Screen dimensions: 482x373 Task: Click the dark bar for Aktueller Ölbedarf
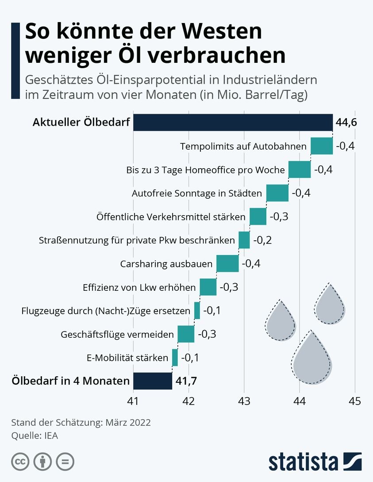point(233,123)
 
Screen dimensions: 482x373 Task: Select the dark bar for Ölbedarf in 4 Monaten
point(153,381)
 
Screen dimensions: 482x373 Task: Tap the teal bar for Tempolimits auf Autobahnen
point(322,146)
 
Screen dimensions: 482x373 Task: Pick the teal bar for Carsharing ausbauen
point(227,264)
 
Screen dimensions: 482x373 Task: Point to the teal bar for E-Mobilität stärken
point(175,358)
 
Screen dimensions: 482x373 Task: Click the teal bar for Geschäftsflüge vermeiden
point(186,334)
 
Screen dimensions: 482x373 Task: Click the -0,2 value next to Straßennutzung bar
point(262,240)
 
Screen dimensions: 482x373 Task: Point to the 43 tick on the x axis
point(244,401)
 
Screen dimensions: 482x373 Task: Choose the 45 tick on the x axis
point(354,401)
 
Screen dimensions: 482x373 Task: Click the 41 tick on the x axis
point(133,401)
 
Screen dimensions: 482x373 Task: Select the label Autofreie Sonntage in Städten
point(197,193)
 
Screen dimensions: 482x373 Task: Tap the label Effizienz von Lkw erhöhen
point(139,287)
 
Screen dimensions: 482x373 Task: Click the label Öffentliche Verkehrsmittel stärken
point(171,217)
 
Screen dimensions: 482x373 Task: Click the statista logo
point(315,461)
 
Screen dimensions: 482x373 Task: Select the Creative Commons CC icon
point(20,462)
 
